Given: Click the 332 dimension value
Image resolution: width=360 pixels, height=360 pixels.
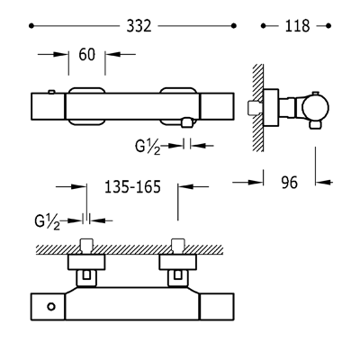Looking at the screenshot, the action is (x=139, y=26).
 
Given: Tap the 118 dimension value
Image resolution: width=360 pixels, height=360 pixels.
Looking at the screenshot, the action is (x=297, y=26).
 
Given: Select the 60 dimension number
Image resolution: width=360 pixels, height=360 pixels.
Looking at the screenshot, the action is (x=87, y=55).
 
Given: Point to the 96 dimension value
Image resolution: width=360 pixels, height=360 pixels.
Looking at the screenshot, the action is (x=290, y=183).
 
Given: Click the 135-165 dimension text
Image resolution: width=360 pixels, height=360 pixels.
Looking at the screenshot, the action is (x=132, y=187).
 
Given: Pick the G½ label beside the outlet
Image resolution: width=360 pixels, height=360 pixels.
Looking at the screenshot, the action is (x=148, y=147).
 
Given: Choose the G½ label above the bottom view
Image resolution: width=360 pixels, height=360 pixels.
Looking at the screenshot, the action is (x=48, y=222).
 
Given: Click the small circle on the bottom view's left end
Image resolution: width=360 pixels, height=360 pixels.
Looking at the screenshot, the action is (x=51, y=307).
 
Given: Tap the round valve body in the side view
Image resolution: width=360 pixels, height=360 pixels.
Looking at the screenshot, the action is (x=315, y=107).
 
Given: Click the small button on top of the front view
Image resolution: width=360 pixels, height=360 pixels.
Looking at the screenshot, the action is (x=51, y=92).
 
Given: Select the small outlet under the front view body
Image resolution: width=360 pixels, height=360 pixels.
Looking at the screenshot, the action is (x=186, y=122).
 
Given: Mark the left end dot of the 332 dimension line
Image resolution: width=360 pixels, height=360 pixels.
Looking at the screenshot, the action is (x=31, y=26).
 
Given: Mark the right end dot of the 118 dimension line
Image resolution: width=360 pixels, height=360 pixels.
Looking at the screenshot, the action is (x=328, y=26).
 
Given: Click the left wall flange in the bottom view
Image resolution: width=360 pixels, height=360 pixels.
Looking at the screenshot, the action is (x=86, y=262).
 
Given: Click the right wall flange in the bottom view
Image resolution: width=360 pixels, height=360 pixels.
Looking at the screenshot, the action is (x=177, y=262).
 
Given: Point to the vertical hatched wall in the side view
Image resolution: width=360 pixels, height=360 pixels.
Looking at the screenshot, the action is (x=258, y=107).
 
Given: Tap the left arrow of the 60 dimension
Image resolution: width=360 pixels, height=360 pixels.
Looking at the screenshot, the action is (x=53, y=54).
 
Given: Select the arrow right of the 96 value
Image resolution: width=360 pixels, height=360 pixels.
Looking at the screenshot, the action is (x=324, y=182).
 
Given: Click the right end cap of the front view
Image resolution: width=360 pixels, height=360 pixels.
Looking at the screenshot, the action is (x=217, y=106).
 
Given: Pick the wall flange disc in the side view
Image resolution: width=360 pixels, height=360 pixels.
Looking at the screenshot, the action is (x=271, y=107).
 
